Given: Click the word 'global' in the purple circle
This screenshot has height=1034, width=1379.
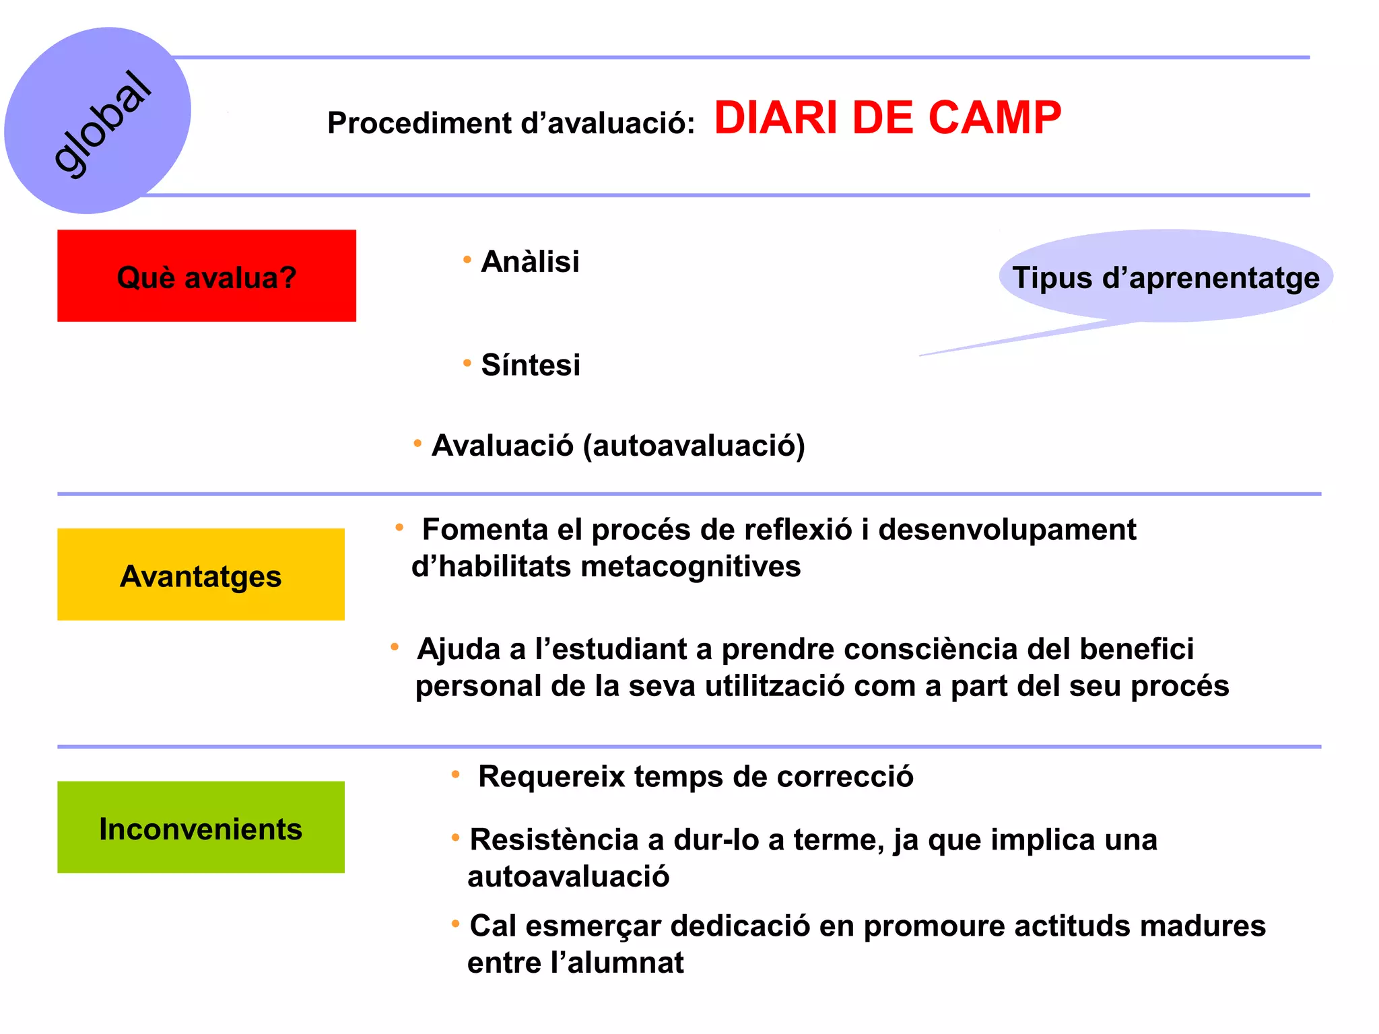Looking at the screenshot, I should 102,125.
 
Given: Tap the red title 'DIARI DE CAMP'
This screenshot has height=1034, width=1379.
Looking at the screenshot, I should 887,118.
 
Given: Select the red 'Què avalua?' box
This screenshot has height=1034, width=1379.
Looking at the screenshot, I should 206,276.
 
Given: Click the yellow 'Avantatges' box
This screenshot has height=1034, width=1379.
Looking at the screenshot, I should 201,575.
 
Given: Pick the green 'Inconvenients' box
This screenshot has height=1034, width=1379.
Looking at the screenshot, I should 201,828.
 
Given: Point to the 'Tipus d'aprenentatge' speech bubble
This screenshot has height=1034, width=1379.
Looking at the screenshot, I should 1166,277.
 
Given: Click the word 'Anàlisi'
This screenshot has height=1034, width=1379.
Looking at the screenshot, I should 530,262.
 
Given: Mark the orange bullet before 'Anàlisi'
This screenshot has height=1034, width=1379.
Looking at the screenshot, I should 467,260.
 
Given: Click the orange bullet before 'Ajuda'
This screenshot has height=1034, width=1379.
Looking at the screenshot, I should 395,648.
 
